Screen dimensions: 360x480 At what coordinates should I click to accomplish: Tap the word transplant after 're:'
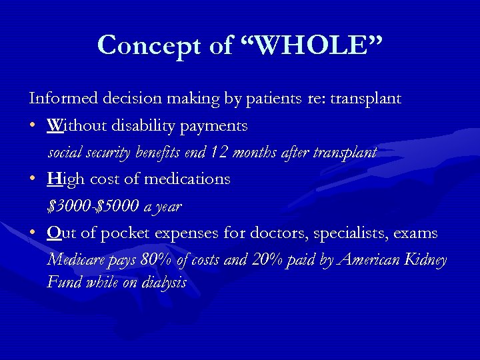(x=366, y=99)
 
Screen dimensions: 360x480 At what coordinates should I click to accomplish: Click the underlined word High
(x=63, y=179)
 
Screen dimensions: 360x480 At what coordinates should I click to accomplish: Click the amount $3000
(x=69, y=207)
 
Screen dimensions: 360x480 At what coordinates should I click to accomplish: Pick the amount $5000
(x=119, y=207)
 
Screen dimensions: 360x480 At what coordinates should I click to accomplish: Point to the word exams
(x=416, y=233)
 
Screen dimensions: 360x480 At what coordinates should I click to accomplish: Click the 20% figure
(x=267, y=260)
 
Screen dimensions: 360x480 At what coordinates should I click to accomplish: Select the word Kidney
(x=425, y=260)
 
